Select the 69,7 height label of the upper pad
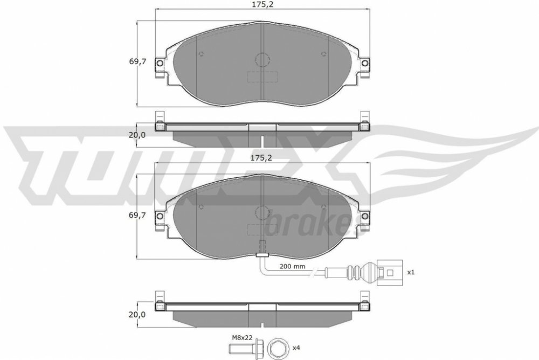tap(137, 62)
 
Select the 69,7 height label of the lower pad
tap(137, 215)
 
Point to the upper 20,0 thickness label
tap(137, 135)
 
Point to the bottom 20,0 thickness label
tap(137, 314)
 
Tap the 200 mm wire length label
tap(292, 266)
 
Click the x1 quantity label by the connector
tap(411, 272)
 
